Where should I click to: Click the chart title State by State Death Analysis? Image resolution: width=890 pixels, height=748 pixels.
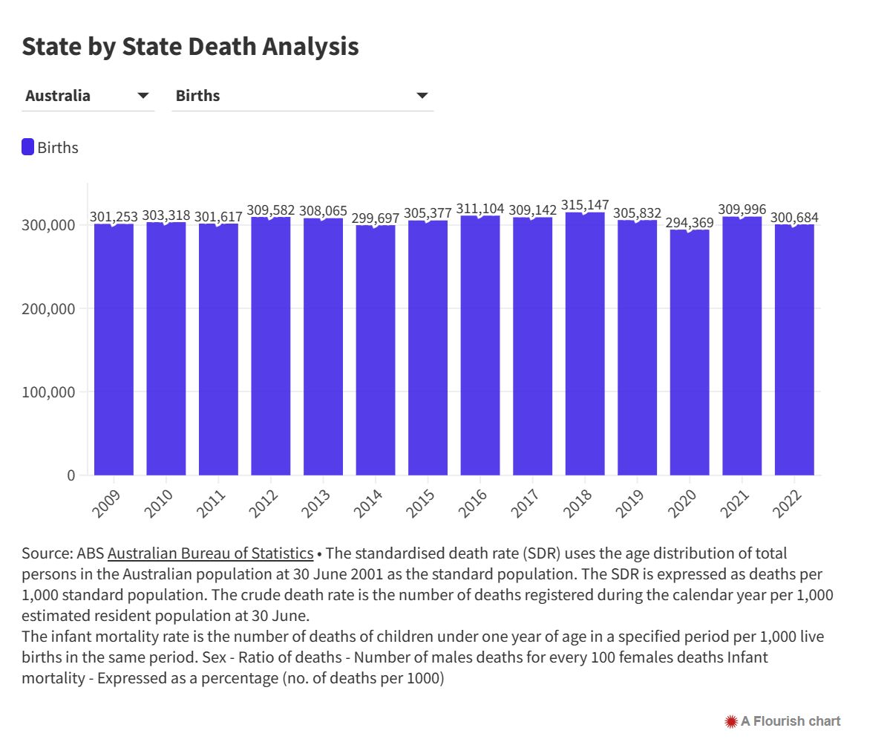coord(190,46)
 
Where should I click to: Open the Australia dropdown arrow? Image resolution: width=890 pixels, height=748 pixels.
coord(143,96)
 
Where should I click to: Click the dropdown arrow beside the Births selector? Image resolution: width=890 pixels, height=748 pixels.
coord(422,96)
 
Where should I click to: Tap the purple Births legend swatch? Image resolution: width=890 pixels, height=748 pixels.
coord(28,147)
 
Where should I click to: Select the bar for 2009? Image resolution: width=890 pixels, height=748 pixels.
coord(114,349)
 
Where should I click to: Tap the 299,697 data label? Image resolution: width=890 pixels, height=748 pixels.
coord(376,218)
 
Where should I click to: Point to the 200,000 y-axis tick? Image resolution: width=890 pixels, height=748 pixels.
coord(51,308)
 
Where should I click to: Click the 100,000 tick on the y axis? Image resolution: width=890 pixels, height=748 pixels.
coord(51,391)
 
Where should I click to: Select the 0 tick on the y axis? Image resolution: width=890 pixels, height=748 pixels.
coord(71,475)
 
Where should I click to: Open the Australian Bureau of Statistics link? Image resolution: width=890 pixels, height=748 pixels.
coord(210,553)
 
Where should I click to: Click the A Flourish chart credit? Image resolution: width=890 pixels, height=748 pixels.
coord(783,721)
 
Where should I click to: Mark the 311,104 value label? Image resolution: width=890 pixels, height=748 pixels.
coord(480,209)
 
